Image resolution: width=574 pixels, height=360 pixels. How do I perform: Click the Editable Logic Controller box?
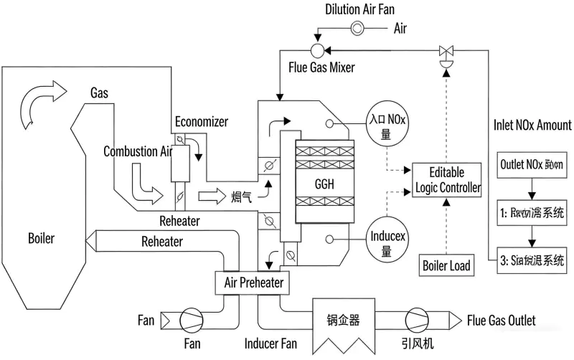pos(446,181)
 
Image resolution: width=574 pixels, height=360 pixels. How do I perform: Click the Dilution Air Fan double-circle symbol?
pos(357,28)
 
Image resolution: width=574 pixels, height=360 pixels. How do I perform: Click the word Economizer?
pos(202,123)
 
